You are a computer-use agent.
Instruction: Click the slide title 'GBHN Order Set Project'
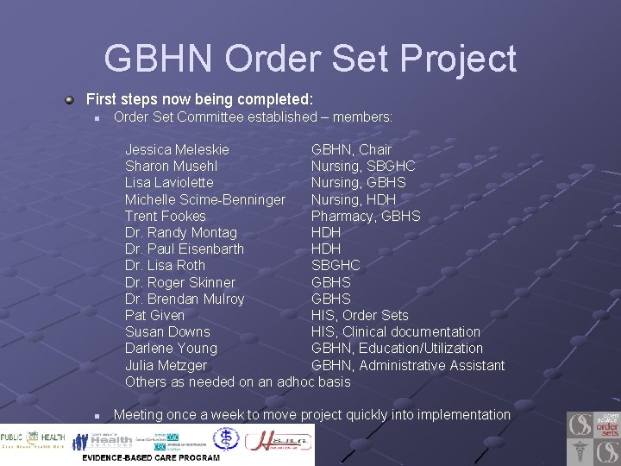pos(310,59)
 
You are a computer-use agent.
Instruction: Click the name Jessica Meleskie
pos(177,149)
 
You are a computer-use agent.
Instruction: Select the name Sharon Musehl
pos(171,166)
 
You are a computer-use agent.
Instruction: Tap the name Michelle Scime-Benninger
pos(204,199)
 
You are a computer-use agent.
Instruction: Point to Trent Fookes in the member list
pos(166,216)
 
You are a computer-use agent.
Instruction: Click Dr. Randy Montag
pos(180,232)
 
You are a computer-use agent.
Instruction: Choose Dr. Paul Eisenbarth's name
pos(185,249)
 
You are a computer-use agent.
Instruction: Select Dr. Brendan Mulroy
pos(185,299)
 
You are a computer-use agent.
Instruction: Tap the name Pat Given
pos(154,315)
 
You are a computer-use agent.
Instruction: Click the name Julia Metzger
pos(166,365)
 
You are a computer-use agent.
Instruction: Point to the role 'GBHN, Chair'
pos(351,149)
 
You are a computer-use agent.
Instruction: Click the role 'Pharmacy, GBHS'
pos(366,216)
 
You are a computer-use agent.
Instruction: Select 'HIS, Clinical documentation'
pos(396,331)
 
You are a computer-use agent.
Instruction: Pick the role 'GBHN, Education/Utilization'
pos(397,348)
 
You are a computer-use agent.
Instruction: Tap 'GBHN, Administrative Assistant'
pos(408,365)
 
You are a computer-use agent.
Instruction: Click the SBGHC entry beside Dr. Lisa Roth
pos(336,265)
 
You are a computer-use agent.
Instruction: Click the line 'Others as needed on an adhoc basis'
pos(237,381)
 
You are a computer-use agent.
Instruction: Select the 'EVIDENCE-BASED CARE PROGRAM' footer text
pos(151,457)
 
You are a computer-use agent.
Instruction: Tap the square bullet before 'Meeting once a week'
pos(98,416)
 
